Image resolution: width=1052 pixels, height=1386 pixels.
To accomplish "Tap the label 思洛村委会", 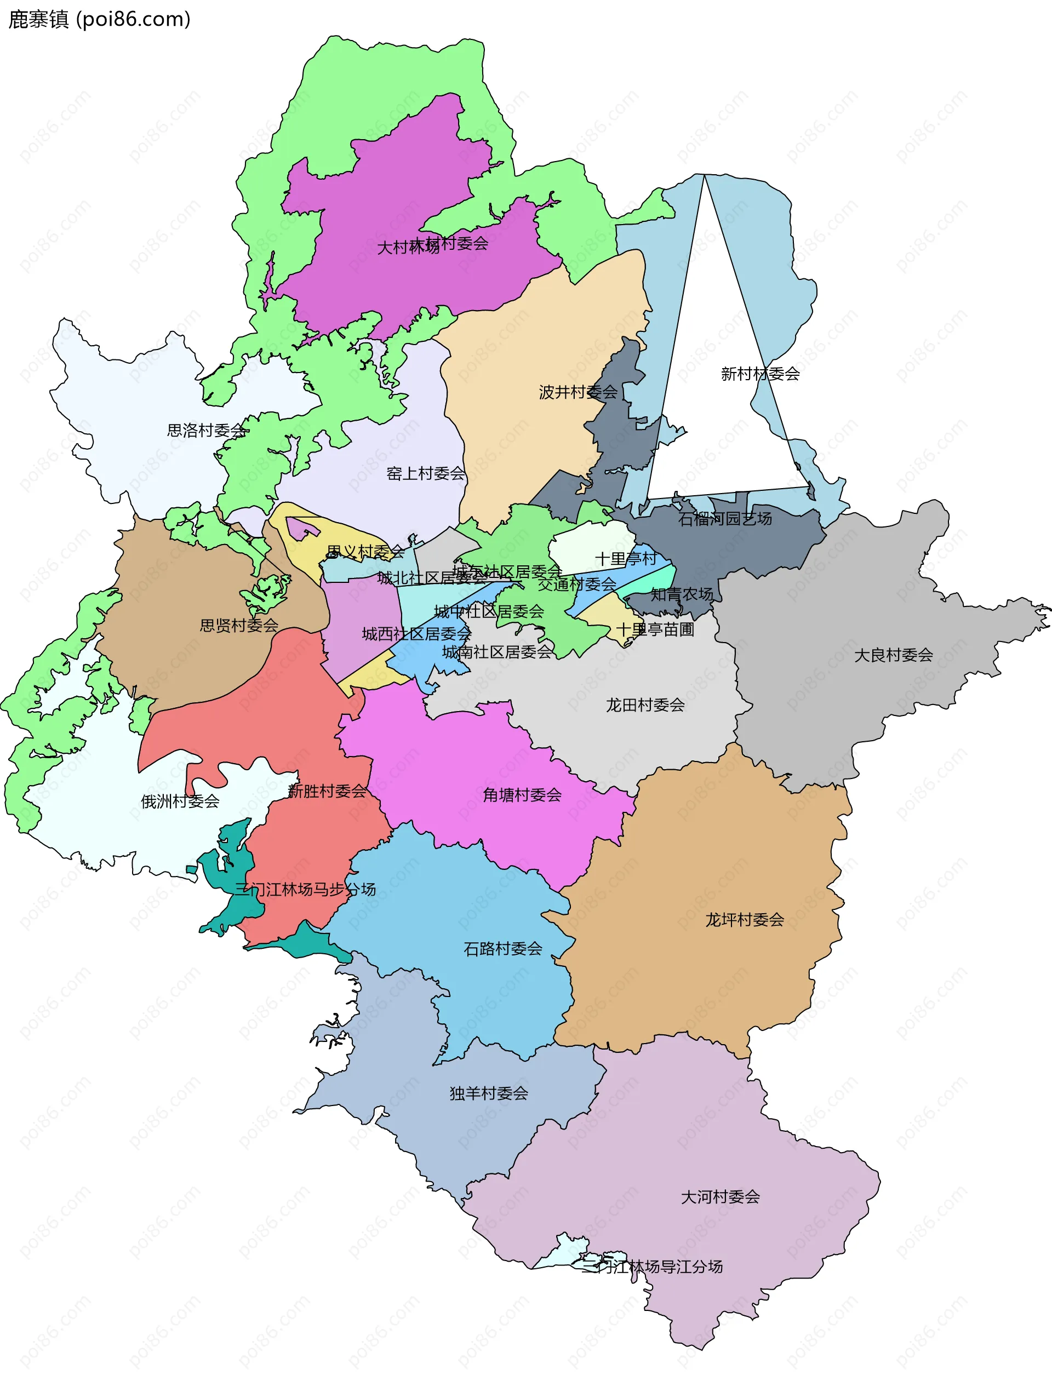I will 206,431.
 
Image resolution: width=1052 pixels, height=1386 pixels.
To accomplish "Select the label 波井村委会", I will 578,392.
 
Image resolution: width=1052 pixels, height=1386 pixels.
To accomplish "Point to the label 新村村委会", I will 760,374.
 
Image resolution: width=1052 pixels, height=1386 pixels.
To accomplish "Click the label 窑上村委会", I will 425,474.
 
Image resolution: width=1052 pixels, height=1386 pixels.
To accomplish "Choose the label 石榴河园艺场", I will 725,519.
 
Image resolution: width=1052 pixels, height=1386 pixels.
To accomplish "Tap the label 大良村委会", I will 894,655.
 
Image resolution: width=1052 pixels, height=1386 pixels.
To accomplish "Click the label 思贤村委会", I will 239,625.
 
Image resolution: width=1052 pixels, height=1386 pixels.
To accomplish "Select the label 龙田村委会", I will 645,706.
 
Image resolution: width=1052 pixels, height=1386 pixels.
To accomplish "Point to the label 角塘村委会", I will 522,795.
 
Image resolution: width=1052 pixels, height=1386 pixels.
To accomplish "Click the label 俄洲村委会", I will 180,801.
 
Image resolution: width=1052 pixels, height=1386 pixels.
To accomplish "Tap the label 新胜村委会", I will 327,792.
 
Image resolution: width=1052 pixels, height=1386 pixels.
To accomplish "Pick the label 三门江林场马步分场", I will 305,890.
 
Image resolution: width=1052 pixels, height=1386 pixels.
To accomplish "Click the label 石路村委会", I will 502,949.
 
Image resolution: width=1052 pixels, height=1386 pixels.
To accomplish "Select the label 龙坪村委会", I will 745,920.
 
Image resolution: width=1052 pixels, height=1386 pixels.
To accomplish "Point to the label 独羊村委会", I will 488,1094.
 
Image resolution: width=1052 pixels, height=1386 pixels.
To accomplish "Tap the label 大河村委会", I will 720,1198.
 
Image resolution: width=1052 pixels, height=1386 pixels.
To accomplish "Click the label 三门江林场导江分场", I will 651,1267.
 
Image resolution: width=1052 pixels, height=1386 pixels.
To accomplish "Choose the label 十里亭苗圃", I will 655,629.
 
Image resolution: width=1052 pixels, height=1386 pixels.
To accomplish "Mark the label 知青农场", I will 681,594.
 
